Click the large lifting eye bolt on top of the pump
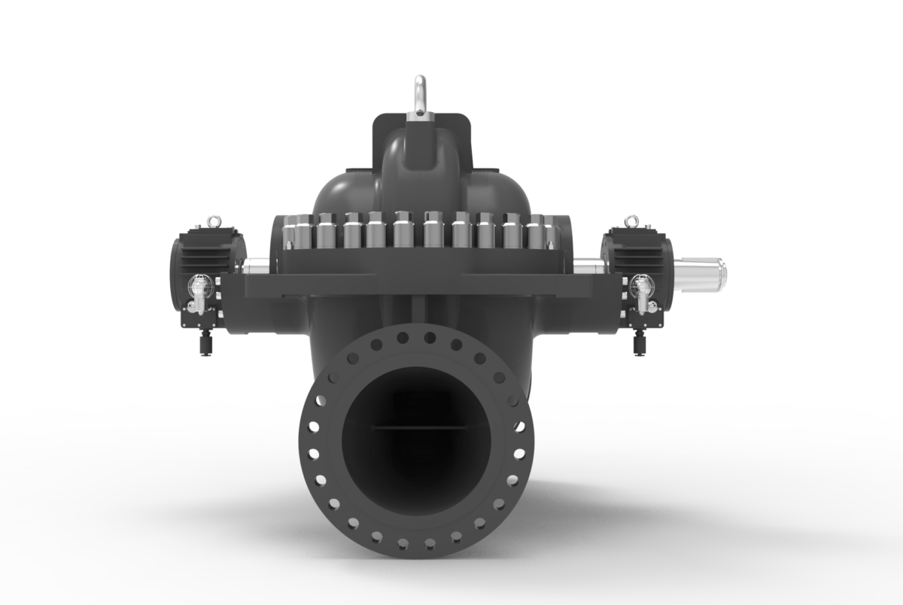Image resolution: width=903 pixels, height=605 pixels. (418, 95)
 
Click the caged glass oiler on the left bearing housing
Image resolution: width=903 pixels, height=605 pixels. (196, 287)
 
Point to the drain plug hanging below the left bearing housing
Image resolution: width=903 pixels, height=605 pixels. (205, 342)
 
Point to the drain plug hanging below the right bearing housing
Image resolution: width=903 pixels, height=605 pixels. (638, 343)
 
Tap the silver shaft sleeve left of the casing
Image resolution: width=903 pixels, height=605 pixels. (255, 266)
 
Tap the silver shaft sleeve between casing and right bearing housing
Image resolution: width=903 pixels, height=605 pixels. (588, 265)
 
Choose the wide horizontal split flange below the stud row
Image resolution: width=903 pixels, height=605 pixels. (418, 284)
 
